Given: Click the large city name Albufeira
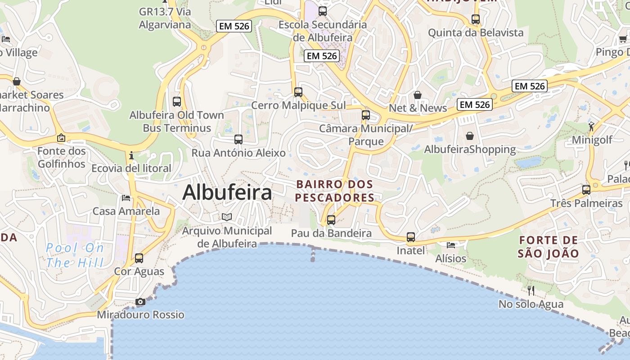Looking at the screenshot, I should point(227,193).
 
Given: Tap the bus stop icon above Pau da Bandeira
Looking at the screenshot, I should point(331,220).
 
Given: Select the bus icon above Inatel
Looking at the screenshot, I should point(410,237).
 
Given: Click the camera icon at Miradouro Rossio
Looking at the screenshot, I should point(140,301).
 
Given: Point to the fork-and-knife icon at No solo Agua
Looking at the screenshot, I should point(531,290).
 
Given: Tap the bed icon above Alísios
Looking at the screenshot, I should point(451,245).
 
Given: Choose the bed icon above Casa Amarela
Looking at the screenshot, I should point(126,198).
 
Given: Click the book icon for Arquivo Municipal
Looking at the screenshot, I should point(227,217).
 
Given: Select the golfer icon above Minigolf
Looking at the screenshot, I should point(591,126).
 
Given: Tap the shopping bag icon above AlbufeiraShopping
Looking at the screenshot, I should point(470,135).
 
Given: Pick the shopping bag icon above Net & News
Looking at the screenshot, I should point(418,95).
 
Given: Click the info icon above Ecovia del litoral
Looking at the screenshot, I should point(131,155).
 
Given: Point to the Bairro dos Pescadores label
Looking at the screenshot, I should point(335,191).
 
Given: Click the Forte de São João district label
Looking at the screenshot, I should point(548,247).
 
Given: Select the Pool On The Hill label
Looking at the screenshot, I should point(75,255).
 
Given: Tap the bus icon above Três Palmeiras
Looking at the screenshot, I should point(586,190).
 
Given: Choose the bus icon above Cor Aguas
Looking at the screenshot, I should point(139,258).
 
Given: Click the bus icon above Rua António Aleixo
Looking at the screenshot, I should point(238,139).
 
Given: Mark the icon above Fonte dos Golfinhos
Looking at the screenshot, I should point(61,138).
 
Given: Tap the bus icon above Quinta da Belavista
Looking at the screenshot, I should point(476,19).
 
